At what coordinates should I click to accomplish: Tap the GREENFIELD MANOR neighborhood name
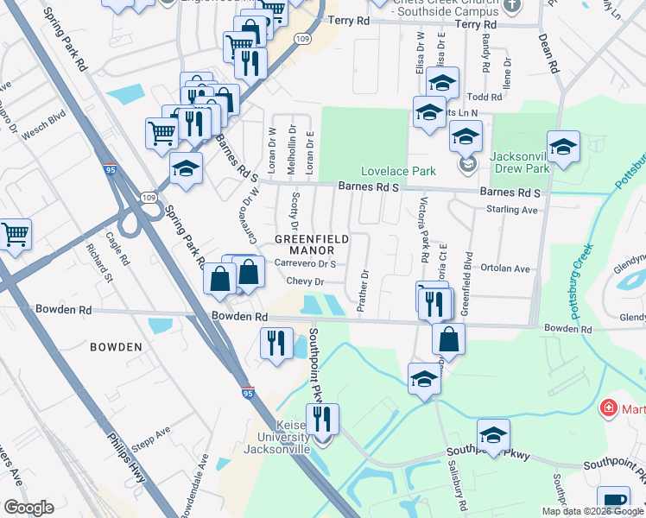(x=312, y=244)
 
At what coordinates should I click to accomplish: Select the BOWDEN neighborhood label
(x=116, y=347)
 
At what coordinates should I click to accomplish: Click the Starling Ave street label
(x=512, y=210)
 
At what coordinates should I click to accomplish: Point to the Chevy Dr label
(x=305, y=281)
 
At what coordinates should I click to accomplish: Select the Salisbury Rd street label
(x=453, y=477)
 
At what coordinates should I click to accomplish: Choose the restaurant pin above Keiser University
(x=322, y=420)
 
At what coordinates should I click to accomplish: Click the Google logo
(x=28, y=508)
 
